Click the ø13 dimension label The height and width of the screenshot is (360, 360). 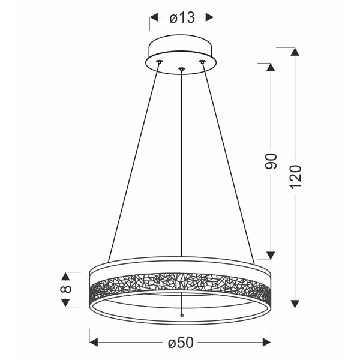(x=182, y=18)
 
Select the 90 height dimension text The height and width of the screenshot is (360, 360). (x=271, y=160)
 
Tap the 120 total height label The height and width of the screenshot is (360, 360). (x=295, y=177)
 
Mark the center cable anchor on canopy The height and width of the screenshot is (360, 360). (x=181, y=70)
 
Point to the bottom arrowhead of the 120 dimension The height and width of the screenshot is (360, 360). (x=295, y=302)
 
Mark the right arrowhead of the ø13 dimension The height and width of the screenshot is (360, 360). (x=209, y=18)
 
